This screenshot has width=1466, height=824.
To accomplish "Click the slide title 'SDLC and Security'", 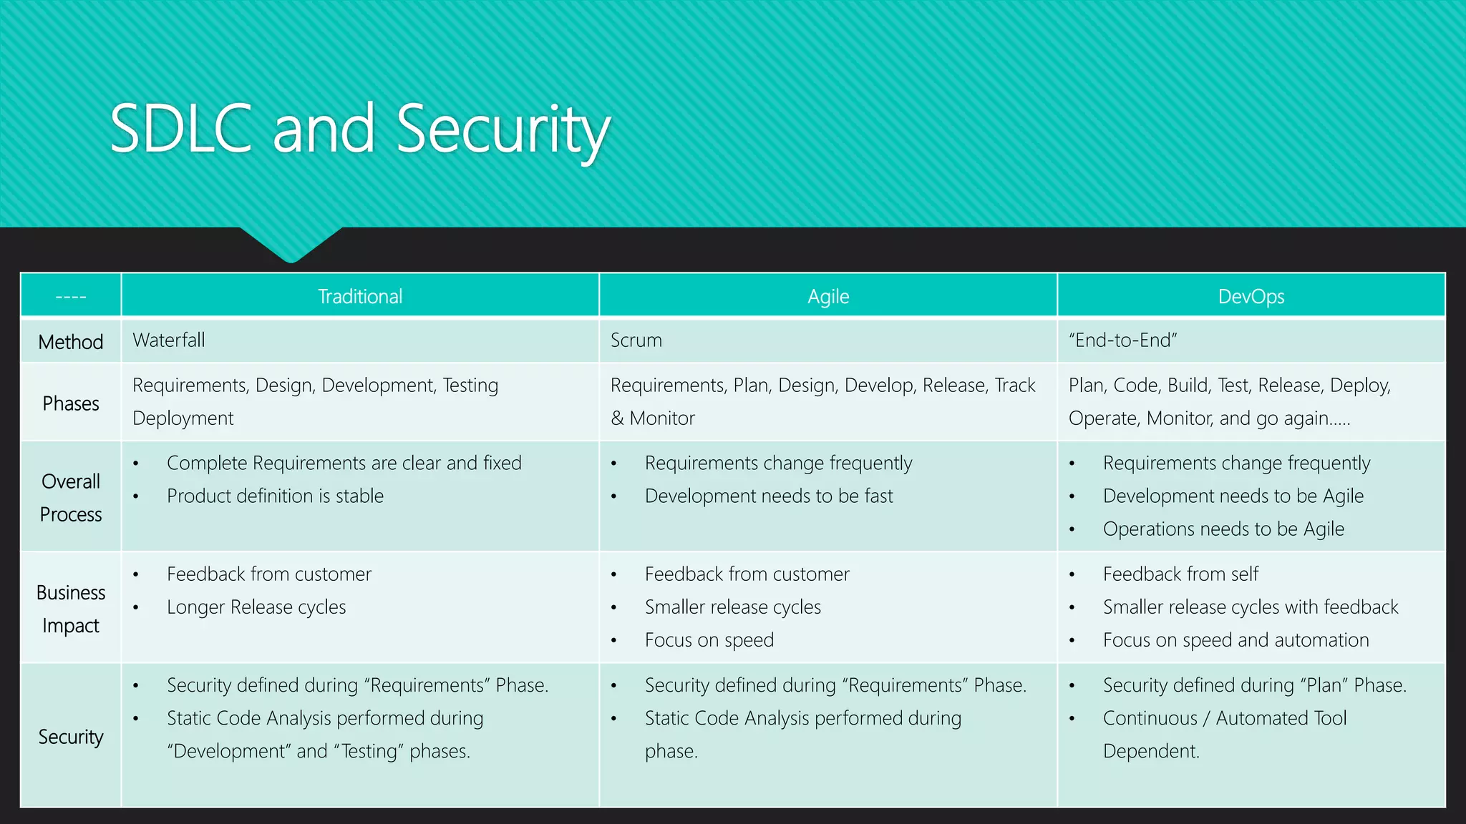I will pos(360,129).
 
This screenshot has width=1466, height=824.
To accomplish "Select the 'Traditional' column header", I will pos(360,296).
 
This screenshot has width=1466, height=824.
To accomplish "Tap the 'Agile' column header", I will pos(828,296).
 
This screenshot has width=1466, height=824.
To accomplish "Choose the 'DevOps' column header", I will pos(1251,296).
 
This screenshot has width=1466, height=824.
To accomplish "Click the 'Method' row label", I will pos(71,342).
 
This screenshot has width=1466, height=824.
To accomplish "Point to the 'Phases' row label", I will pos(71,403).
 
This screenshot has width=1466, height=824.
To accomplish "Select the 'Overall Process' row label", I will pos(71,498).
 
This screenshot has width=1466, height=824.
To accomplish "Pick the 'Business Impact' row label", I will pos(71,609).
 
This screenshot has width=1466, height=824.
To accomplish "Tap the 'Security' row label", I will pos(71,737).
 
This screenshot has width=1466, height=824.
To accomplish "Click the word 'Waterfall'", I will pos(169,340).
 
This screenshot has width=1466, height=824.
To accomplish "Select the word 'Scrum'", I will pos(636,340).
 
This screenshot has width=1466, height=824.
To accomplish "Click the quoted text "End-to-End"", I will pos(1122,340).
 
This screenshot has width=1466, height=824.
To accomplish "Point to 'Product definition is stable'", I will pos(275,496).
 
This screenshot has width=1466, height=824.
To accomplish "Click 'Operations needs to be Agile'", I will pos(1223,529).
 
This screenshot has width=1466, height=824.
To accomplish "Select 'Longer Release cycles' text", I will pos(256,607).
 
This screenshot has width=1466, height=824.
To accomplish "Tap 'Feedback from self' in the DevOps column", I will pos(1180,574).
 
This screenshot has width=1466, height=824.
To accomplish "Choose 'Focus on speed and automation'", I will pos(1236,639).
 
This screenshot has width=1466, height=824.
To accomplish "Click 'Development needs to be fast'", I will pos(769,496).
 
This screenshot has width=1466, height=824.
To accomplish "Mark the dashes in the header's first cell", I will pos(71,296).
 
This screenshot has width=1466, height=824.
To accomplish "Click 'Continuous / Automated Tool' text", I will pos(1224,717).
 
